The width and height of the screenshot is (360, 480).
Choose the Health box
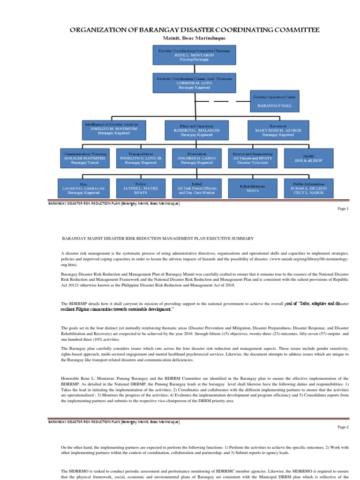pyautogui.click(x=308, y=158)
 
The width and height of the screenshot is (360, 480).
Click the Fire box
pyautogui.click(x=84, y=187)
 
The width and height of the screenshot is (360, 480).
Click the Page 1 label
pyautogui.click(x=343, y=209)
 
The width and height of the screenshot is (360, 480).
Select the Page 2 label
pyautogui.click(x=343, y=427)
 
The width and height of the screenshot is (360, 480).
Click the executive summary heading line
pyautogui.click(x=157, y=239)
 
